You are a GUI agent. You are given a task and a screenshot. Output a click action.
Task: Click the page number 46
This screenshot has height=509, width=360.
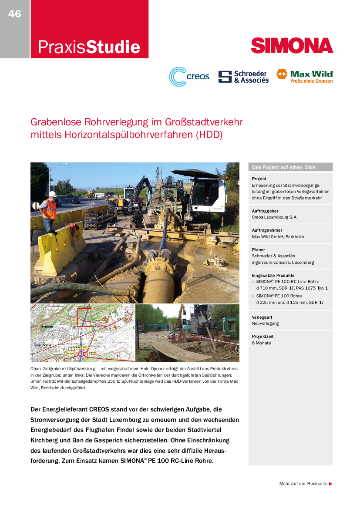tap(14, 14)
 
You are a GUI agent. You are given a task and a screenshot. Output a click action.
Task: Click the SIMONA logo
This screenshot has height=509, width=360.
tap(292, 45)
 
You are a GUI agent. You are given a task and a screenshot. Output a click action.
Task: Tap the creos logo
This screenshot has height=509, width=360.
tap(189, 77)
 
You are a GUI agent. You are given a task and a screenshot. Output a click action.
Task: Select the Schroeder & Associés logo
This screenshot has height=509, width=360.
tap(243, 77)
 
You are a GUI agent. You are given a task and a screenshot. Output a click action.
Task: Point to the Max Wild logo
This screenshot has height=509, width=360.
tap(304, 76)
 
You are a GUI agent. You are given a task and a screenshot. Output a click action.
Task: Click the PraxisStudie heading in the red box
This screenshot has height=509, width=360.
tap(89, 47)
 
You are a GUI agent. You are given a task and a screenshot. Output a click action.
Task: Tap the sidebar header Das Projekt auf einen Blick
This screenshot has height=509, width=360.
tap(283, 167)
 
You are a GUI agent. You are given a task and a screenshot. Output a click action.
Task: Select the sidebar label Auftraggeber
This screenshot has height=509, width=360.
tap(266, 210)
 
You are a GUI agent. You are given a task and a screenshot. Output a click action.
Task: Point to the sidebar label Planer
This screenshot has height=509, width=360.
tap(259, 250)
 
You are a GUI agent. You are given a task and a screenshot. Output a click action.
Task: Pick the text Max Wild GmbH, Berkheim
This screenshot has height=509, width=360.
tap(278, 236)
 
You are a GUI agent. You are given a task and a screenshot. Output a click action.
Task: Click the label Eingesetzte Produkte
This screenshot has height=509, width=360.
tap(273, 276)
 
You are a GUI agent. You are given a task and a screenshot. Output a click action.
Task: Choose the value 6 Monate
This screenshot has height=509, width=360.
tap(261, 343)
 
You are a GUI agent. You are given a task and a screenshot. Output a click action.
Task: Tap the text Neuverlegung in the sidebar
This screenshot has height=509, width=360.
tap(265, 324)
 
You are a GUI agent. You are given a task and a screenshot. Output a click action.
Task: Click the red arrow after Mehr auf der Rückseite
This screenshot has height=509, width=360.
tap(331, 484)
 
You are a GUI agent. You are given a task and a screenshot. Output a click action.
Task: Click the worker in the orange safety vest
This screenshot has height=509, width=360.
tap(49, 209)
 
